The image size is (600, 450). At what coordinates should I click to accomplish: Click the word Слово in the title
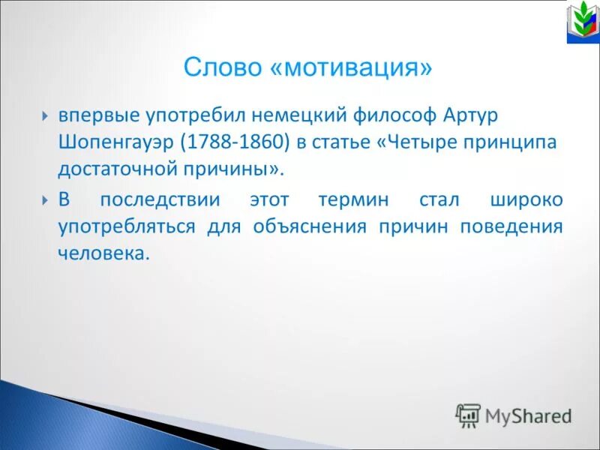point(222,68)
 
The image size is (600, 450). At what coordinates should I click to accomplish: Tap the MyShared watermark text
point(527,415)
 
